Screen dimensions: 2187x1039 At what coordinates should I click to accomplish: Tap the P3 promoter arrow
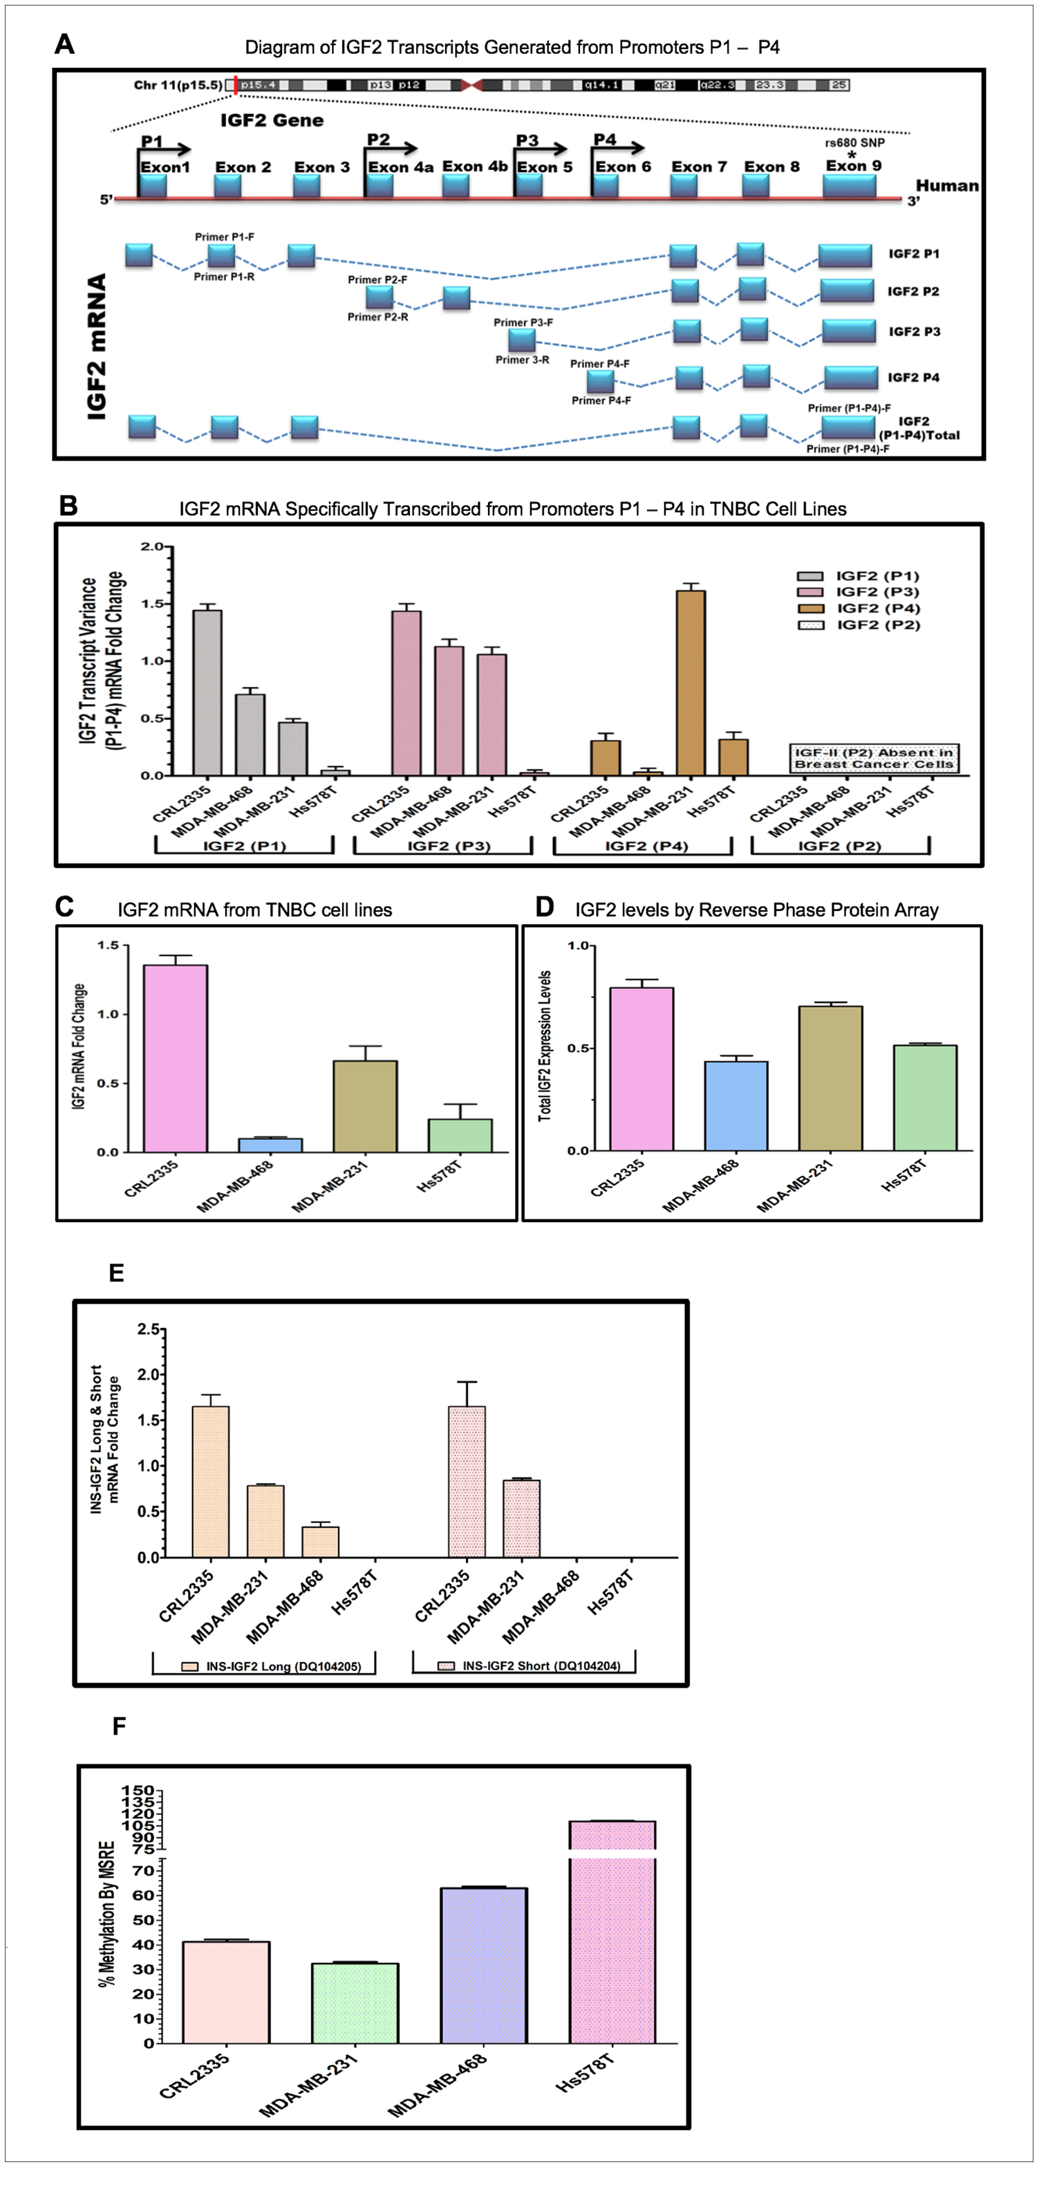pos(541,149)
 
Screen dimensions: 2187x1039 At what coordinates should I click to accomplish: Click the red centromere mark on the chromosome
pos(472,85)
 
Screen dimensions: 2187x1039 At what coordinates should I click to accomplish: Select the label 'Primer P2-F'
pos(377,279)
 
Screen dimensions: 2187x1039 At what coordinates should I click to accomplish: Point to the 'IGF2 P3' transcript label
pos(913,332)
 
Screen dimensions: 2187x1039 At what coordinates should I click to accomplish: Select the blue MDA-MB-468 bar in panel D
pos(736,1105)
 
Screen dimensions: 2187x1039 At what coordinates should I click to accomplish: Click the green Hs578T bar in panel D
pos(924,1097)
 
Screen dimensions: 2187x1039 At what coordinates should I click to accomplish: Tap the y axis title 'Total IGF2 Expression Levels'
pos(545,1046)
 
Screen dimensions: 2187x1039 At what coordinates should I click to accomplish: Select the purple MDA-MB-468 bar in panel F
pos(484,1966)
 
